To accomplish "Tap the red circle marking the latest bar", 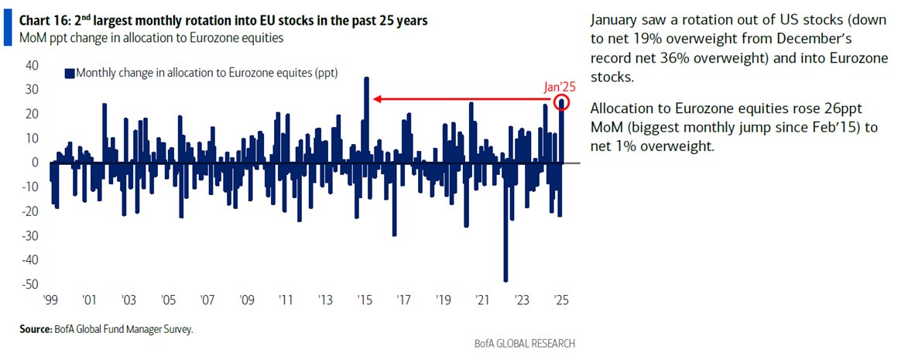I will pyautogui.click(x=562, y=102).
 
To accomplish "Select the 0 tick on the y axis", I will pyautogui.click(x=33, y=163).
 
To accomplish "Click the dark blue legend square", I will pyautogui.click(x=69, y=72).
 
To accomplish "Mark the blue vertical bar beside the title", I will pyautogui.click(x=7, y=29).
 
